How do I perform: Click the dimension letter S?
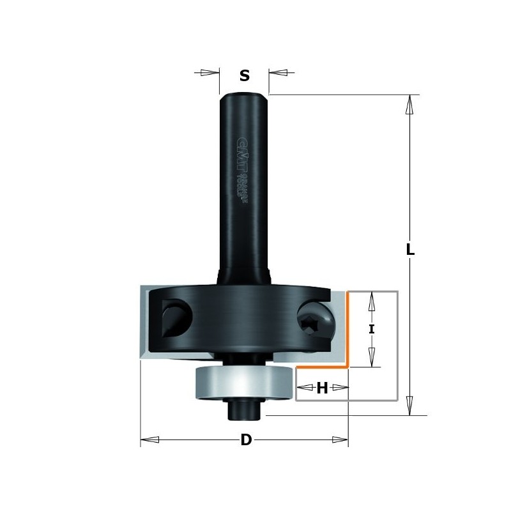[x=244, y=76]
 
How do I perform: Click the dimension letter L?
[x=411, y=251]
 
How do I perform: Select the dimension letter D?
[x=245, y=440]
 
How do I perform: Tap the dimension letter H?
[x=322, y=388]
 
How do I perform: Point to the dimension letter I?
[x=372, y=329]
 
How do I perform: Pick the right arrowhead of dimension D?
[x=340, y=439]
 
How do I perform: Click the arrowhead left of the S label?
[x=208, y=72]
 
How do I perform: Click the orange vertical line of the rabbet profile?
[x=347, y=329]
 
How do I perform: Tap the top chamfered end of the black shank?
[x=244, y=96]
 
